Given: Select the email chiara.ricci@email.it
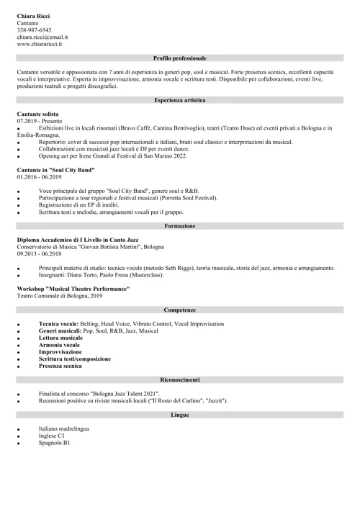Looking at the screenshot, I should click(x=42, y=37).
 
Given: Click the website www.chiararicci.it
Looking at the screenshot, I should click(x=40, y=44).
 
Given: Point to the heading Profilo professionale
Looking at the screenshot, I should click(x=180, y=58).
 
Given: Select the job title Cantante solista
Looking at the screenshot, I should click(x=40, y=114).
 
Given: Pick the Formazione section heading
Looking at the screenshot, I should click(x=180, y=225).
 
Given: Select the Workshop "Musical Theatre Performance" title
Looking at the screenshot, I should click(x=73, y=288).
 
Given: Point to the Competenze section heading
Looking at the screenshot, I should click(x=180, y=309).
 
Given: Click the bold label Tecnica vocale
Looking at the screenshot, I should click(x=58, y=324).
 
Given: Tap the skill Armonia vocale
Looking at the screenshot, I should click(x=59, y=345).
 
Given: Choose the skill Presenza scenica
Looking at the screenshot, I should click(x=60, y=366).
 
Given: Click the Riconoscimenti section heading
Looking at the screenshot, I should click(x=180, y=379).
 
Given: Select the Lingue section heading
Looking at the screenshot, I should click(x=180, y=415).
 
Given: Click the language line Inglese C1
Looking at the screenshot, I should click(x=52, y=436).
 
